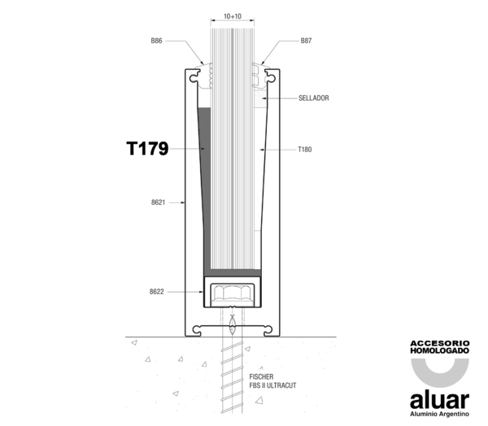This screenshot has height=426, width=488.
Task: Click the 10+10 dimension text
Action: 233,16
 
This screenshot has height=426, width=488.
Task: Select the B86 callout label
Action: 156,41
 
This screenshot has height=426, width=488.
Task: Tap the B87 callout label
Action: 306,41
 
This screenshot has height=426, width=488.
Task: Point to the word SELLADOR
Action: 314,98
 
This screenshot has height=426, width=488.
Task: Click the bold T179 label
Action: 147,149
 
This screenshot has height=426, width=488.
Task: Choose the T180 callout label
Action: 305,150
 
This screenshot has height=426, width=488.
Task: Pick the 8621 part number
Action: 158,202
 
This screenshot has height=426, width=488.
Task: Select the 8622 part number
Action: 156,292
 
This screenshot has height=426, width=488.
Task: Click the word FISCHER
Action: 261,377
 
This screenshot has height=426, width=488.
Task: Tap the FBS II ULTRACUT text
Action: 272,385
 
